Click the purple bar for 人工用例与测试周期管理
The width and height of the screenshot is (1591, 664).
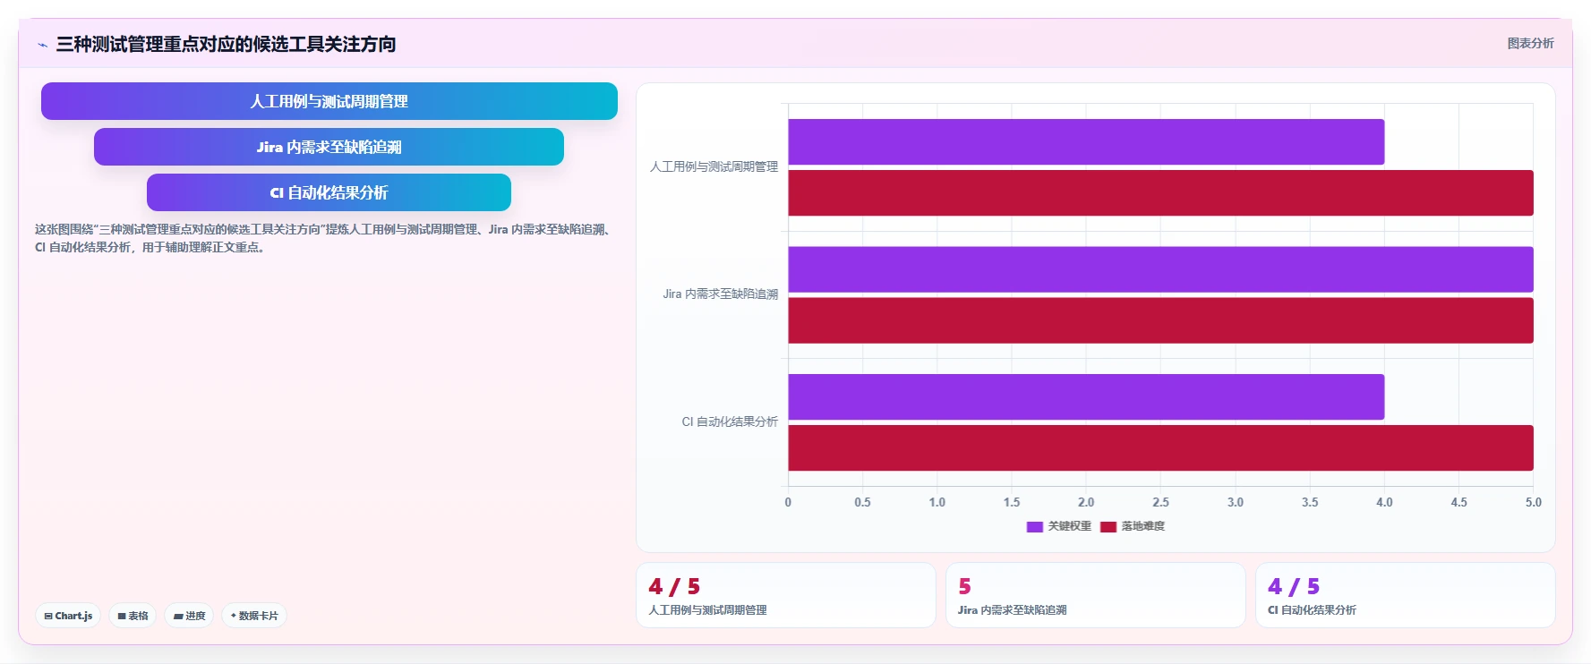(x=1086, y=142)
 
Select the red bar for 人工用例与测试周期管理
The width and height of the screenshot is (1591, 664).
(x=1160, y=193)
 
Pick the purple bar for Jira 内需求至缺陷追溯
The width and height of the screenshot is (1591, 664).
(x=1160, y=269)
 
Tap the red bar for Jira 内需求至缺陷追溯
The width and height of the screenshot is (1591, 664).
(x=1160, y=320)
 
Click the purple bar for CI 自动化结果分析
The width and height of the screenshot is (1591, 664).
(x=1086, y=397)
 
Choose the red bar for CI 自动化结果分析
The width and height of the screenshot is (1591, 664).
(x=1160, y=448)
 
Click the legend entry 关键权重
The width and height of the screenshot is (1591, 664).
(x=1059, y=526)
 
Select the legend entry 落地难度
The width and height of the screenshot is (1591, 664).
(x=1133, y=526)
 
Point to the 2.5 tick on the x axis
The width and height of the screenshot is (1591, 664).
(x=1160, y=502)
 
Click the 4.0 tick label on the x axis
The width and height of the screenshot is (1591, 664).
(x=1384, y=502)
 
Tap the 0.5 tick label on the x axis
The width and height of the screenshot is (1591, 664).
(x=862, y=502)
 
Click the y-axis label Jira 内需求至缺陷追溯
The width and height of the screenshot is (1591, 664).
(x=721, y=294)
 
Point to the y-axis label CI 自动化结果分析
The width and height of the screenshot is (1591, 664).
(x=730, y=421)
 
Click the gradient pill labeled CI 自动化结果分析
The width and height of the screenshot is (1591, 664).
(x=329, y=192)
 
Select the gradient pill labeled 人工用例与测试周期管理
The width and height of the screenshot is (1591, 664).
(x=329, y=101)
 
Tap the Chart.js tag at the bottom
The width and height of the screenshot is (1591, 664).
(x=68, y=616)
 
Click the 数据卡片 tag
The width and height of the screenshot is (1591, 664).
(x=254, y=616)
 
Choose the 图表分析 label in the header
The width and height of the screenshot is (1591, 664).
(x=1531, y=43)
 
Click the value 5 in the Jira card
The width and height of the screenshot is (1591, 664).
(x=964, y=586)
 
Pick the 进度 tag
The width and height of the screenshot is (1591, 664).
(x=189, y=616)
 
